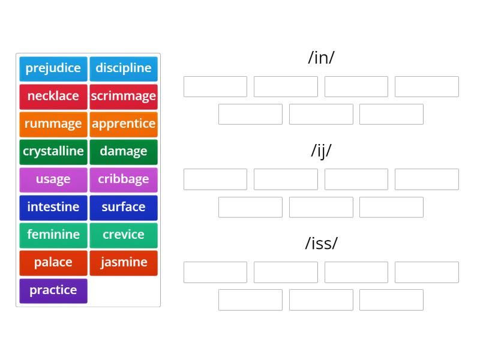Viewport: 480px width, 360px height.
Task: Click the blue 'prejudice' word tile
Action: pos(53,68)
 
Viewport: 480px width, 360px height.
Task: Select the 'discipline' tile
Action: pos(124,68)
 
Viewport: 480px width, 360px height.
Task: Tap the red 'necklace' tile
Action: pos(53,96)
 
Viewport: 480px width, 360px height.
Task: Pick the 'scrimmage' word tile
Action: pos(124,96)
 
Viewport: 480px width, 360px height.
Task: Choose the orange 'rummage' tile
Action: pos(53,124)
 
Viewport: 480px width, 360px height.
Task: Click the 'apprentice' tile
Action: pos(124,124)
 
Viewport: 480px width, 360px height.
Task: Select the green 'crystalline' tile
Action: pos(53,151)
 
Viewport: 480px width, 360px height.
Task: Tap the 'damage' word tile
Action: pos(124,151)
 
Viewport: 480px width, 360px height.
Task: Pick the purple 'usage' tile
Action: pos(53,179)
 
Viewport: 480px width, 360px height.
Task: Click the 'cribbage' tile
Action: pos(124,179)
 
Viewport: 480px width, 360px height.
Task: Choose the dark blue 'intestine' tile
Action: pos(53,207)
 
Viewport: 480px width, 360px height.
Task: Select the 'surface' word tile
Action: pos(124,207)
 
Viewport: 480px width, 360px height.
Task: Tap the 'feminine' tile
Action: pos(53,235)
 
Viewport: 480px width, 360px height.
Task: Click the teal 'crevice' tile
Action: pos(124,235)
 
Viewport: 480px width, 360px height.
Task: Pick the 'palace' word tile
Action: pos(53,262)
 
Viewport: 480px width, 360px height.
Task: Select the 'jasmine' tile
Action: pos(124,262)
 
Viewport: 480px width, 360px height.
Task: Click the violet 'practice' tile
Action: pos(53,290)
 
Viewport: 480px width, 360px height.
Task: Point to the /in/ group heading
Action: pos(321,58)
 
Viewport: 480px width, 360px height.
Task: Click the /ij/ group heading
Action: pos(321,151)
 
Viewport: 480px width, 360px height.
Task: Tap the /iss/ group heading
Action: pos(321,243)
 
